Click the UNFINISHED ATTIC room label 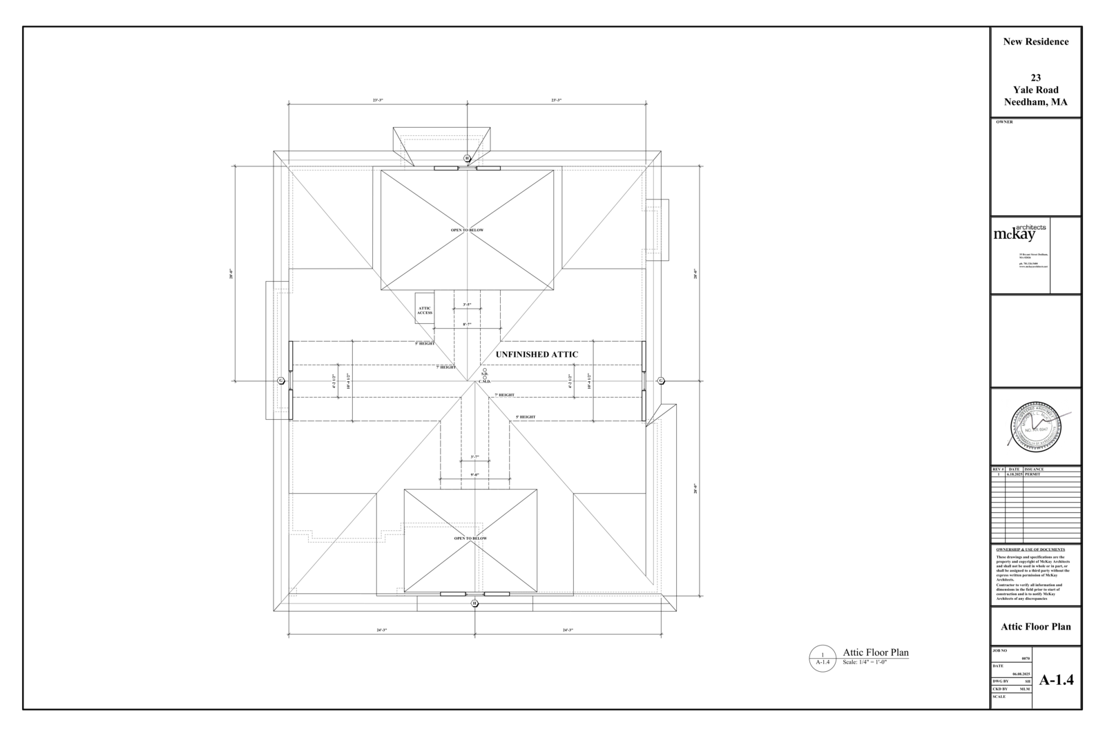(537, 354)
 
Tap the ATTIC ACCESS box (424, 310)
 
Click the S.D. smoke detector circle (485, 370)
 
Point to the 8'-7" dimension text (467, 324)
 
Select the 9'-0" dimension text (474, 474)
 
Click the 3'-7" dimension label (474, 456)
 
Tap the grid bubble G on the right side (660, 380)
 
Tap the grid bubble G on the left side (281, 380)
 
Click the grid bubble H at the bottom (474, 603)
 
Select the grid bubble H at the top (467, 158)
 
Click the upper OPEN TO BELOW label (467, 230)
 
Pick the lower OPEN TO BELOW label (470, 539)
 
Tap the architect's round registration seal (1035, 427)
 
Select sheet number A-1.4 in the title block (1056, 679)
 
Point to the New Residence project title (1035, 41)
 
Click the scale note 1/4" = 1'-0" (864, 662)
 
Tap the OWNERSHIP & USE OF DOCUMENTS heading (1030, 550)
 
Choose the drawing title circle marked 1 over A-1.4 (823, 658)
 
